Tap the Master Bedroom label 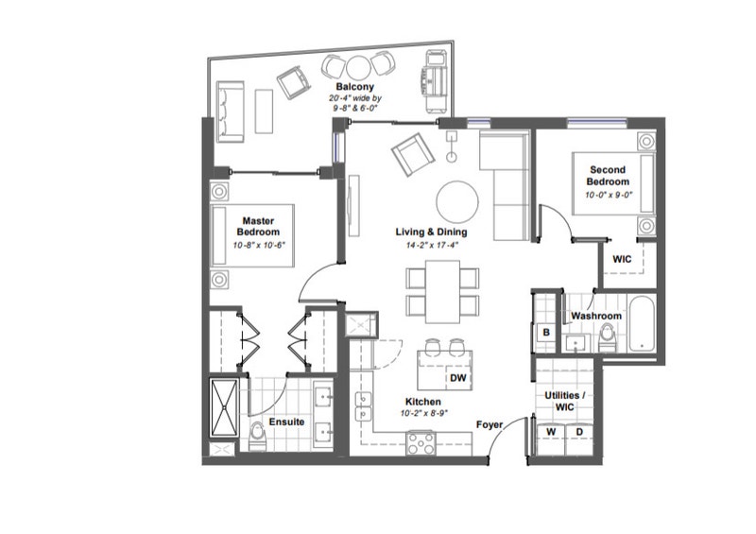point(258,226)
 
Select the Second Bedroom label point(607,176)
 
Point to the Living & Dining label point(430,233)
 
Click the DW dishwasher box point(458,378)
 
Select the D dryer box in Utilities point(579,433)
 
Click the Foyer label point(489,424)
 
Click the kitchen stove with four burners point(420,441)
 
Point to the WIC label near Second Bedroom point(622,259)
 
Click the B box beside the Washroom point(546,333)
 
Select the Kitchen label point(420,402)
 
